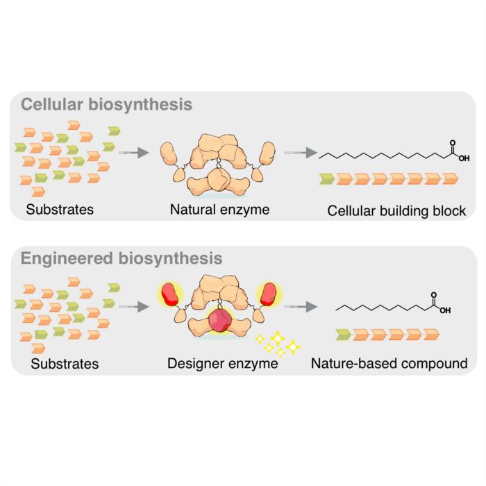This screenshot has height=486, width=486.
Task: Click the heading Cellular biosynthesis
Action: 106,105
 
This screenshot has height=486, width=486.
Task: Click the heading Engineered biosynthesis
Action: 121,258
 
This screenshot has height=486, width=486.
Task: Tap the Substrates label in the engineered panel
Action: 65,363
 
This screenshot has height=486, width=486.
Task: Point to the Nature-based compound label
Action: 389,363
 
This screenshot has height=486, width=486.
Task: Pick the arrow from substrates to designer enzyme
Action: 133,305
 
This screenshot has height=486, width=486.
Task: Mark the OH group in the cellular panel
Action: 464,158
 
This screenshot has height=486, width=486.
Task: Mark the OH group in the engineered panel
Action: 445,310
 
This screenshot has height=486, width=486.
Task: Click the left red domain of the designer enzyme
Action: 170,294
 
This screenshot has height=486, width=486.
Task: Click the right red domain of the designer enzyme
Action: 268,294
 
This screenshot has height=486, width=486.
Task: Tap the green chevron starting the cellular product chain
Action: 327,180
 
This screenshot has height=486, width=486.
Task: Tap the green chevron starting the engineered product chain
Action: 343,335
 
